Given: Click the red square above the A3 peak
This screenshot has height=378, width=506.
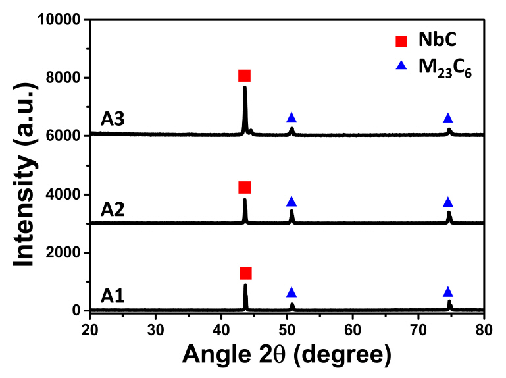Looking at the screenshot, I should pyautogui.click(x=245, y=76).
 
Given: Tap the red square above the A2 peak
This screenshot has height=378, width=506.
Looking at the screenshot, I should pyautogui.click(x=245, y=188).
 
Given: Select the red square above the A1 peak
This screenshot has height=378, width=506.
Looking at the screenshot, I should pyautogui.click(x=245, y=273).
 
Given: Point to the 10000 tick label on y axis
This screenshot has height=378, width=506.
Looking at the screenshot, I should pyautogui.click(x=59, y=20).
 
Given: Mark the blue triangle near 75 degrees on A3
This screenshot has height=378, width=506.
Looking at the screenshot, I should pyautogui.click(x=448, y=119).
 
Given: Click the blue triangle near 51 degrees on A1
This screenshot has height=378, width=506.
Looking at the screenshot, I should pyautogui.click(x=291, y=292).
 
